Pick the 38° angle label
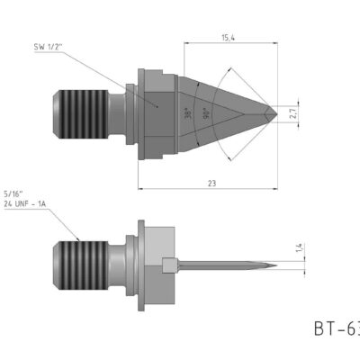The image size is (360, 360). (187, 114)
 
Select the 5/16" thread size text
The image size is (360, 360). (13, 193)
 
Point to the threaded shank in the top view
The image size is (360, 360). (86, 112)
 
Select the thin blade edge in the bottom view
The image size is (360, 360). (225, 265)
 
